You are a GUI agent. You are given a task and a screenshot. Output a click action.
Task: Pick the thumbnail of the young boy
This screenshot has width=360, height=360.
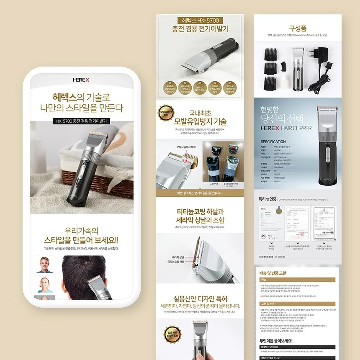(x=44, y=285)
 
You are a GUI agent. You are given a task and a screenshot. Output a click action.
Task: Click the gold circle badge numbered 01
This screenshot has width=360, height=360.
(x=170, y=87)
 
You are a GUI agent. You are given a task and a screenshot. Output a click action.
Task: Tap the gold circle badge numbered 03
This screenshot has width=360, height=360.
(x=200, y=87)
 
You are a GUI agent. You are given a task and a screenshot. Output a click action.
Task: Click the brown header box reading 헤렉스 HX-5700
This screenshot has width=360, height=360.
(x=200, y=20)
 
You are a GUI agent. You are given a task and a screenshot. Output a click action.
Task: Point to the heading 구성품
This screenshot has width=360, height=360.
(x=298, y=28)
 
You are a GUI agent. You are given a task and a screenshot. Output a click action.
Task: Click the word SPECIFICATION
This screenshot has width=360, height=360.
(x=273, y=142)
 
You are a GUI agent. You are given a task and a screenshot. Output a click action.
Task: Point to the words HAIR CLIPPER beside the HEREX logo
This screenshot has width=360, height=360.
(x=298, y=128)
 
